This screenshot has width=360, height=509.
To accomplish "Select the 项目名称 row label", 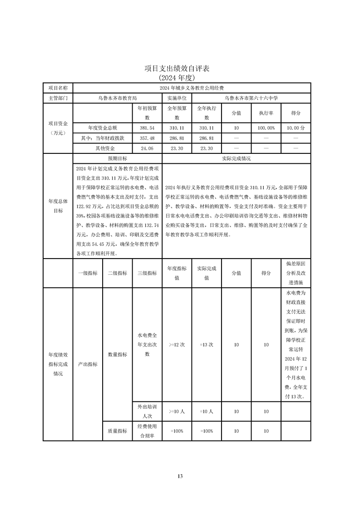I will (x=58, y=88).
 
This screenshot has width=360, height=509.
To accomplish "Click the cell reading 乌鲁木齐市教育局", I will (x=117, y=98).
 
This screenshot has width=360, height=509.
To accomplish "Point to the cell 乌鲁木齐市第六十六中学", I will (x=251, y=98).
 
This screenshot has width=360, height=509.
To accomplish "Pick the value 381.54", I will (x=147, y=128).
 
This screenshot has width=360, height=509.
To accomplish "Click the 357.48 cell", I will (x=147, y=138).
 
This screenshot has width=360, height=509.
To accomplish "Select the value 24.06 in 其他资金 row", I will (x=147, y=148).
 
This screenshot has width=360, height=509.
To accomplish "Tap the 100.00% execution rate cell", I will (x=266, y=128).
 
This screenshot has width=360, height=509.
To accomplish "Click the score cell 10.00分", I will (x=296, y=128).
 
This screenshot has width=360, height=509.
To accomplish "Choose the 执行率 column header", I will (x=266, y=113).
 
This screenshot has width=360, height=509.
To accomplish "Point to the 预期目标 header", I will (x=117, y=159).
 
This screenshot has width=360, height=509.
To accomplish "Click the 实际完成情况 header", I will (x=236, y=159).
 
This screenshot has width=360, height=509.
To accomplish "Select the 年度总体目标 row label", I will (x=58, y=206).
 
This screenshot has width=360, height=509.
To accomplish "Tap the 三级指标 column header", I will (x=147, y=273).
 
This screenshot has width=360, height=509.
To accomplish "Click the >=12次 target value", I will (x=177, y=345).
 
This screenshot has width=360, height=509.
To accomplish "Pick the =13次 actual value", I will (x=207, y=345).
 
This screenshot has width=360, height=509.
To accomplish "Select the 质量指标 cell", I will (x=117, y=431).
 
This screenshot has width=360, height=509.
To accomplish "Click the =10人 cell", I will (x=207, y=411).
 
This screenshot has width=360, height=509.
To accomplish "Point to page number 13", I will (x=180, y=476).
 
